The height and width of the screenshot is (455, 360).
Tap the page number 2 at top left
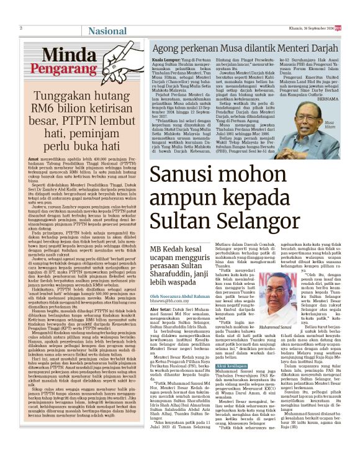pyautogui.click(x=22, y=28)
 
